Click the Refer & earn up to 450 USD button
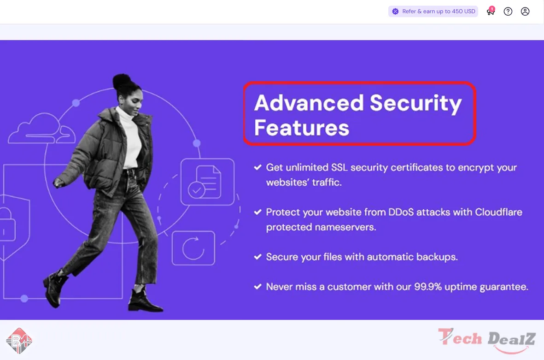tap(433, 12)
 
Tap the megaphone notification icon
tap(491, 11)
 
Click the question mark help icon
tap(508, 12)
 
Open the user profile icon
tap(525, 12)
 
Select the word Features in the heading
tap(302, 128)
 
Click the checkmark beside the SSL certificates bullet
tap(257, 167)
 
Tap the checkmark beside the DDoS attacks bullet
tap(257, 212)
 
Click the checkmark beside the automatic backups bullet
tap(257, 257)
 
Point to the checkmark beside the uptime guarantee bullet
tap(257, 287)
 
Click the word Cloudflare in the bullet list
tap(498, 212)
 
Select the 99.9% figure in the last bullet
tap(428, 287)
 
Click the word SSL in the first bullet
tap(339, 167)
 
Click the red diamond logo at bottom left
tap(19, 341)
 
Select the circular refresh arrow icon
tap(193, 248)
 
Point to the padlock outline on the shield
tap(8, 224)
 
